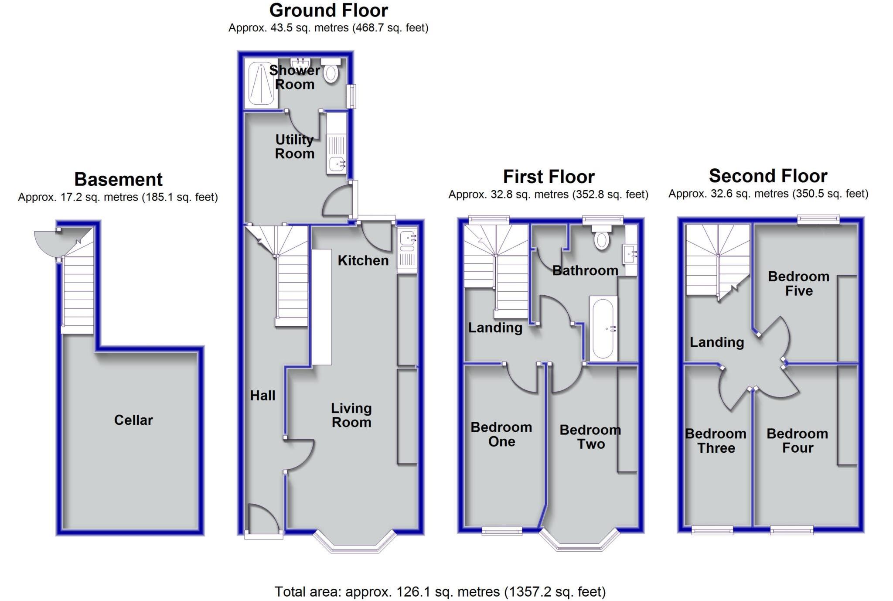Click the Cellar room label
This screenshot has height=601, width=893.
pyautogui.click(x=133, y=420)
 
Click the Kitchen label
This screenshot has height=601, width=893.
pyautogui.click(x=363, y=260)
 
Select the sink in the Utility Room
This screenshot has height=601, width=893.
pyautogui.click(x=337, y=164)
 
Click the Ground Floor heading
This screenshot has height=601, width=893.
pyautogui.click(x=328, y=10)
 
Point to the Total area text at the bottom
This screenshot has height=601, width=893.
pyautogui.click(x=440, y=592)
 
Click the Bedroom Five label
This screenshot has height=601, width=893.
pyautogui.click(x=798, y=283)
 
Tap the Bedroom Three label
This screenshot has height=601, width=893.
pyautogui.click(x=716, y=441)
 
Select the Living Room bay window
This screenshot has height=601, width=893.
pyautogui.click(x=354, y=545)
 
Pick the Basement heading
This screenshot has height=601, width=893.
pyautogui.click(x=118, y=179)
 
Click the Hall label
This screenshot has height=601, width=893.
pyautogui.click(x=262, y=396)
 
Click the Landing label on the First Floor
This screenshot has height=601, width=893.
pyautogui.click(x=495, y=328)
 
